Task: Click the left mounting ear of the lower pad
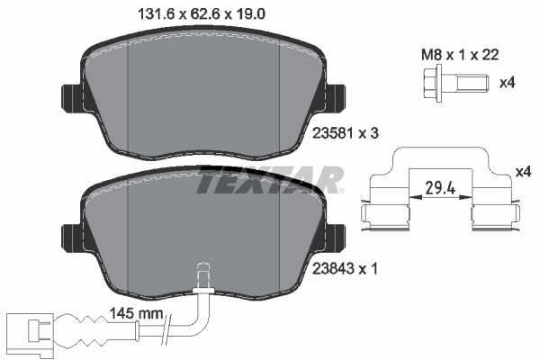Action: pyautogui.click(x=69, y=238)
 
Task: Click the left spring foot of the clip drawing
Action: pyautogui.click(x=382, y=217)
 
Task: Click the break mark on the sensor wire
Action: pyautogui.click(x=165, y=337)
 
